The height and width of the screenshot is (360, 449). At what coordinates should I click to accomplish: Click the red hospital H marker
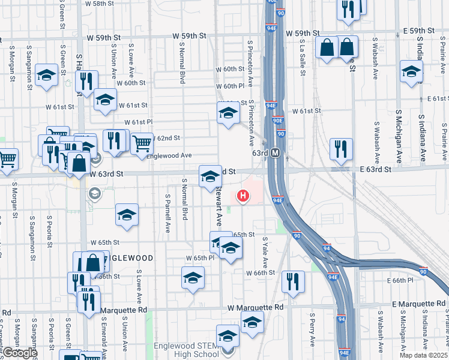[x=243, y=195]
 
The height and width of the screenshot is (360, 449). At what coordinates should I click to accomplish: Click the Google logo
[x=20, y=353]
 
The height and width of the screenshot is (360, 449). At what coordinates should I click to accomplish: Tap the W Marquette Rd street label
[x=255, y=307]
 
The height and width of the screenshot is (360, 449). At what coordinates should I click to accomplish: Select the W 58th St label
[x=99, y=4]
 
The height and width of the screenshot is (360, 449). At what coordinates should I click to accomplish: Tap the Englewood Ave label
[x=169, y=155]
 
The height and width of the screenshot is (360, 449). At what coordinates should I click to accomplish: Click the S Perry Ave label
[x=312, y=329]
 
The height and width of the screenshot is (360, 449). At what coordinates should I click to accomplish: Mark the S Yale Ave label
[x=265, y=252]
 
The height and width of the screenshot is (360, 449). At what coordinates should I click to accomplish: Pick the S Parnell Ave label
[x=167, y=213]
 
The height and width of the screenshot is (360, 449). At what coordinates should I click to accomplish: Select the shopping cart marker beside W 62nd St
[x=142, y=143]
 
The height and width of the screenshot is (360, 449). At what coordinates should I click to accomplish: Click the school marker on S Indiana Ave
[x=411, y=71]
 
